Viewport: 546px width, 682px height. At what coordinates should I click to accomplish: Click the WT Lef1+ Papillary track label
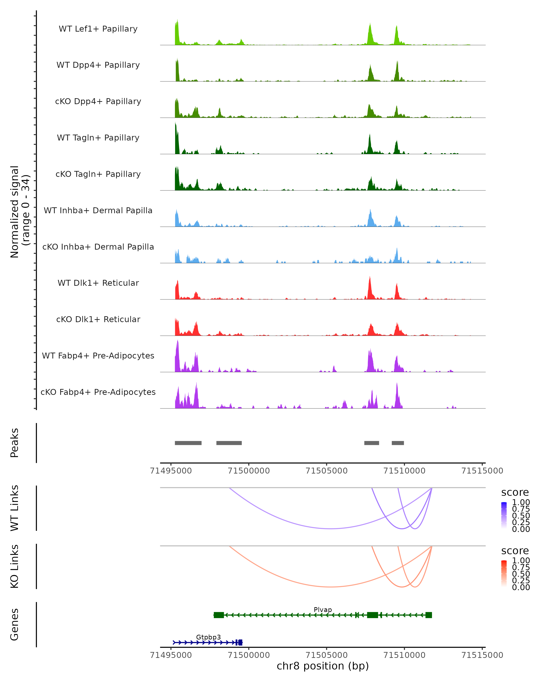[98, 29]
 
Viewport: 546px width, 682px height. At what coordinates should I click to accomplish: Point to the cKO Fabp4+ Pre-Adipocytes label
[98, 392]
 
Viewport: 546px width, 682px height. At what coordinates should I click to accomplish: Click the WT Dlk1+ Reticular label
[98, 283]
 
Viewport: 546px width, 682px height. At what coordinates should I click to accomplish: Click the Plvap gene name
[323, 609]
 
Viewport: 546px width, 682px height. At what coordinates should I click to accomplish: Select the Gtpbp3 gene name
[208, 637]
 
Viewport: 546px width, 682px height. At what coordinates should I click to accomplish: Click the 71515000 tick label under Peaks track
[482, 471]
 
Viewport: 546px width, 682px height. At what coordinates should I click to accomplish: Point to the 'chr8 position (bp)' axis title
[323, 666]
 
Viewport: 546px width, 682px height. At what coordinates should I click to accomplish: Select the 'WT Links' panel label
[15, 508]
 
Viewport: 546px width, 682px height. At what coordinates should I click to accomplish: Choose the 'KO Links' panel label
[15, 566]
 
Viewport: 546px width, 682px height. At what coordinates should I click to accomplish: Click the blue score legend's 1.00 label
[521, 502]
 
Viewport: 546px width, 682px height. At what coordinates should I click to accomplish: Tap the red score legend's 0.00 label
[521, 587]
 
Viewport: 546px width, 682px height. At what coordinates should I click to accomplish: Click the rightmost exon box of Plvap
[429, 615]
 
